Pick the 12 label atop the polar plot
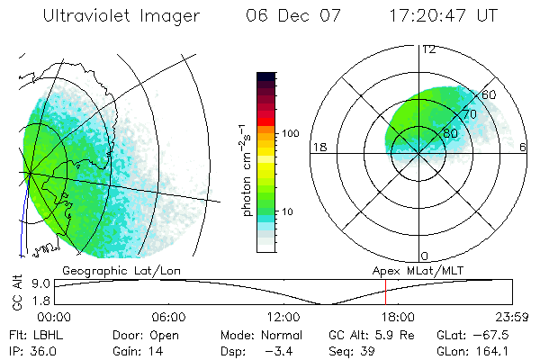[x=428, y=49]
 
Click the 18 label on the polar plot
[x=318, y=148]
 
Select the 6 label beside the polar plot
[x=524, y=148]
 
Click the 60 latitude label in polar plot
[x=490, y=95]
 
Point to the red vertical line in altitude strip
[x=385, y=292]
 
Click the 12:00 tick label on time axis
[x=283, y=317]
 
